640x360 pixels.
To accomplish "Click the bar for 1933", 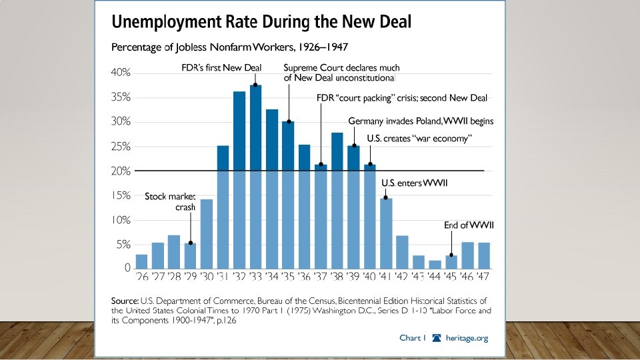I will tap(255, 177).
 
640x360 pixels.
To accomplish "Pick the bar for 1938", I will tap(337, 201).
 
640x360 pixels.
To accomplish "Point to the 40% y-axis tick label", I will tap(121, 73).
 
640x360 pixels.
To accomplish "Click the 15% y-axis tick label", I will tap(121, 195).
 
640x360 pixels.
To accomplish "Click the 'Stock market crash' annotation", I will tap(170, 202).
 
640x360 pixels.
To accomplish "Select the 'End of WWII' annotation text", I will tap(468, 226).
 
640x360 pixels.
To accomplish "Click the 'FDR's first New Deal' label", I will tap(221, 67).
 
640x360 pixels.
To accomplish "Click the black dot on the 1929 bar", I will tap(191, 243).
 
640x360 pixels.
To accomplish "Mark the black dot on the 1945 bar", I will tap(451, 255).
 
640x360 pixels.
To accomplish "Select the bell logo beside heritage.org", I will tap(437, 338).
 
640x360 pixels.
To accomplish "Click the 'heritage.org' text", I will tap(467, 338).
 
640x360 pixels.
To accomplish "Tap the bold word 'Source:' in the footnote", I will tap(124, 301).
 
